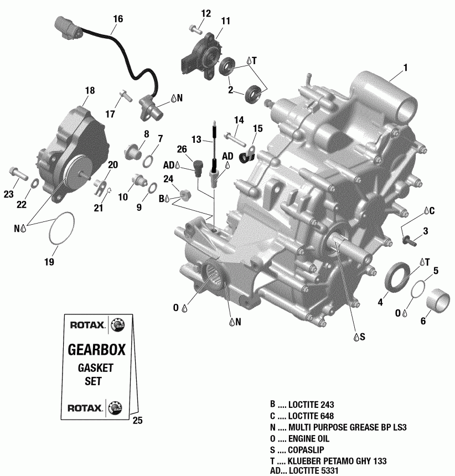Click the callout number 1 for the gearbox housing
click(405, 68)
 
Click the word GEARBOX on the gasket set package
click(96, 350)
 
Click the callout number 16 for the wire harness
click(117, 18)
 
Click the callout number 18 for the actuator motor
click(90, 90)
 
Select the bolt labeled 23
click(18, 173)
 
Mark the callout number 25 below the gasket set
click(138, 420)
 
